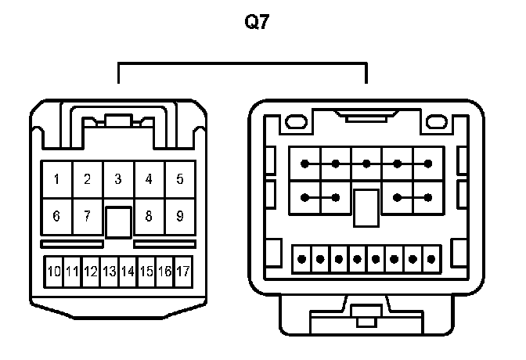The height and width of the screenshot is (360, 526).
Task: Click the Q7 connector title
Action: point(258,23)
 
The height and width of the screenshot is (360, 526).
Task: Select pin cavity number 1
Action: point(56,179)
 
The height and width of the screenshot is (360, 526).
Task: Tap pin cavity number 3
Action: point(118,179)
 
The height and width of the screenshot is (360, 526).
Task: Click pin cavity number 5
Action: point(179,179)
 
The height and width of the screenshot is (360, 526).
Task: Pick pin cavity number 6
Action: point(56,216)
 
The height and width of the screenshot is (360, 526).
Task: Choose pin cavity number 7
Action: point(87,216)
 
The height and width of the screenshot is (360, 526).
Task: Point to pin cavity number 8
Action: point(149,216)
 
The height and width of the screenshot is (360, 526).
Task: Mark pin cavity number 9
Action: point(179,216)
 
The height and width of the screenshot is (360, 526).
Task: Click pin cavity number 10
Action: point(53,272)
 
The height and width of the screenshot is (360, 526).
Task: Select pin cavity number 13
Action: point(109,272)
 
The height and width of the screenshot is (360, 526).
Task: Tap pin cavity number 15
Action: point(146,272)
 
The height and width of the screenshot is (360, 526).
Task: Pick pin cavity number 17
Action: point(183,272)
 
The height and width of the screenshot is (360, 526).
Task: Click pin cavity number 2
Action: point(87,179)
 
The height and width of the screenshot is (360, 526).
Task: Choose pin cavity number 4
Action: point(149,179)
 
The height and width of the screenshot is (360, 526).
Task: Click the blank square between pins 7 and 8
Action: point(118,221)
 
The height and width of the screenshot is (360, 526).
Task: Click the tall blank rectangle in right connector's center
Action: point(366,207)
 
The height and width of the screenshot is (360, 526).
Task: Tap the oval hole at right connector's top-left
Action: point(297,122)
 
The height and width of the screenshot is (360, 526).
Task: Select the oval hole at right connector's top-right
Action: point(435,122)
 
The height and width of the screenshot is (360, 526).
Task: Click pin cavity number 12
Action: point(90,272)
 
